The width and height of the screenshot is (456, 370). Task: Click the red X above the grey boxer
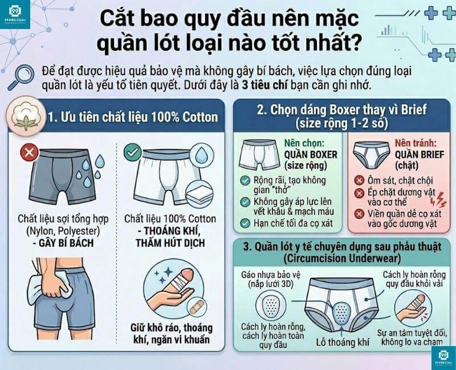coord(28,153)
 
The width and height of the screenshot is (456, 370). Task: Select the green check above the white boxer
coord(132,153)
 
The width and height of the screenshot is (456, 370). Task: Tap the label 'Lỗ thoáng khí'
coord(343,342)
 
